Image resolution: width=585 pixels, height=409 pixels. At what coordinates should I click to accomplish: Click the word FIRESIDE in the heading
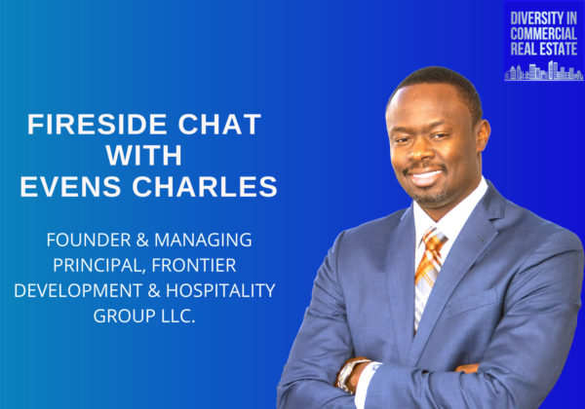[97, 125]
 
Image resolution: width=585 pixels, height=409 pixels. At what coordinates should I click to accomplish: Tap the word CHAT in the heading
[219, 125]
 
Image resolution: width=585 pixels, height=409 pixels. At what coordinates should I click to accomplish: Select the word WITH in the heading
[144, 155]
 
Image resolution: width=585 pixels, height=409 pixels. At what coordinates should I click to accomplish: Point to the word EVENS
[70, 186]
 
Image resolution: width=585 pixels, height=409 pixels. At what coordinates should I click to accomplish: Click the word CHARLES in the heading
[205, 186]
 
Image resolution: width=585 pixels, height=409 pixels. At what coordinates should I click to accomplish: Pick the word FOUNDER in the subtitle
[89, 240]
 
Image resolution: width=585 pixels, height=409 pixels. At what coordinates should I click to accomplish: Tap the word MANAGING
[204, 241]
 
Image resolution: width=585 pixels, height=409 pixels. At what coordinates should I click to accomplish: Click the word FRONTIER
[194, 265]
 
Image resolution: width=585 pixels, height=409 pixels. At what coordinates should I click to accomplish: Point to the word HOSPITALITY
[220, 290]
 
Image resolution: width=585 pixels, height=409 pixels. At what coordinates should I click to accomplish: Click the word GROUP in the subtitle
[124, 316]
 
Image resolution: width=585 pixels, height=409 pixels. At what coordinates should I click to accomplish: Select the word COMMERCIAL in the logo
[544, 33]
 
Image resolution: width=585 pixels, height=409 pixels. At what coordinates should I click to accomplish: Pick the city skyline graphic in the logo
[544, 71]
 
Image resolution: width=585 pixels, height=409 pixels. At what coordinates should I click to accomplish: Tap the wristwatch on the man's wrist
[350, 374]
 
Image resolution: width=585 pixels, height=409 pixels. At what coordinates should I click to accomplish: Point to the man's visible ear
[483, 136]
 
